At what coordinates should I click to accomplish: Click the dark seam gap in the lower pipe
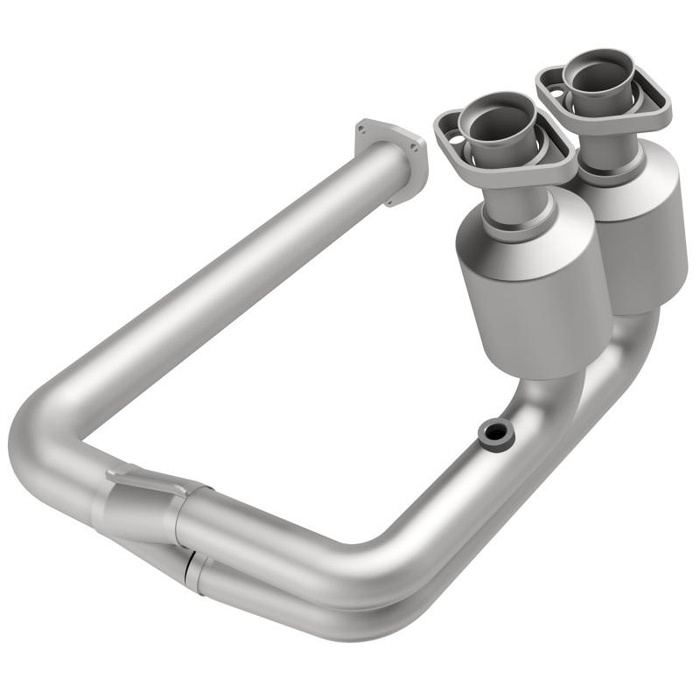click(x=187, y=570)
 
